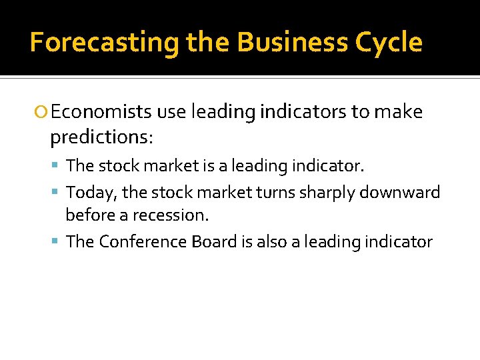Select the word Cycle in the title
pos(388,43)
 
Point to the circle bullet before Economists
pos(42,113)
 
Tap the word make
pos(399,112)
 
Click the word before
pos(91,215)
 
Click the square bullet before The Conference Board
pos(58,242)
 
